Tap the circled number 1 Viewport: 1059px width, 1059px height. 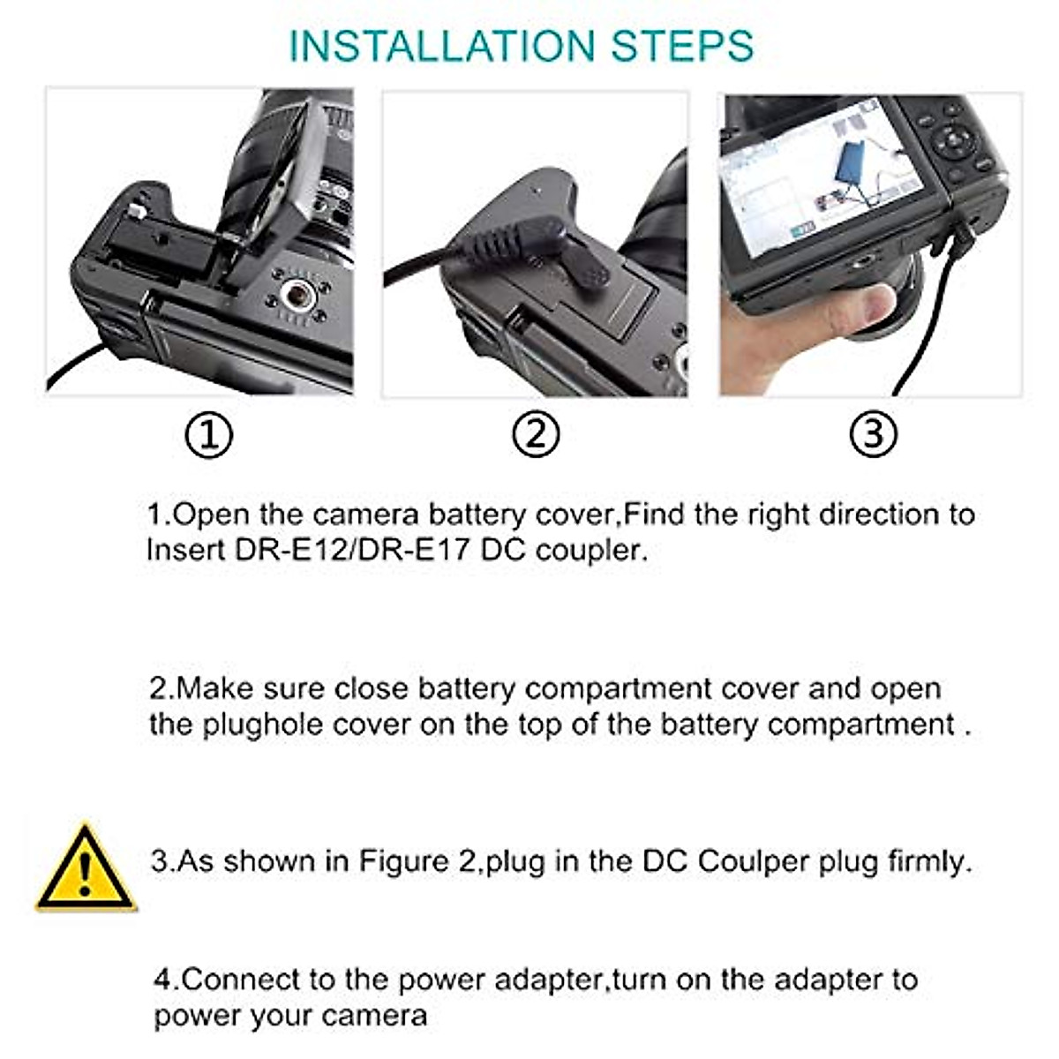[209, 435]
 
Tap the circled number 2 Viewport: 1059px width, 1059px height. [536, 435]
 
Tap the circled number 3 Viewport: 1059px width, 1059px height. [873, 435]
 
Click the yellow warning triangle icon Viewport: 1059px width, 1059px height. [86, 869]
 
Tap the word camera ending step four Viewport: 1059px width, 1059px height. [374, 1016]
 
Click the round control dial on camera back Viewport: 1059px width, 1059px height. [957, 141]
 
